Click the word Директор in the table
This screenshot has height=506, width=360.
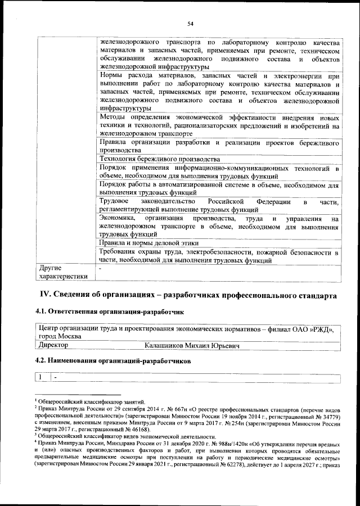(52, 345)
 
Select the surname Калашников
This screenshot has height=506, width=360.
(165, 345)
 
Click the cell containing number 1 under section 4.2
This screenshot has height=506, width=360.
(40, 377)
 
